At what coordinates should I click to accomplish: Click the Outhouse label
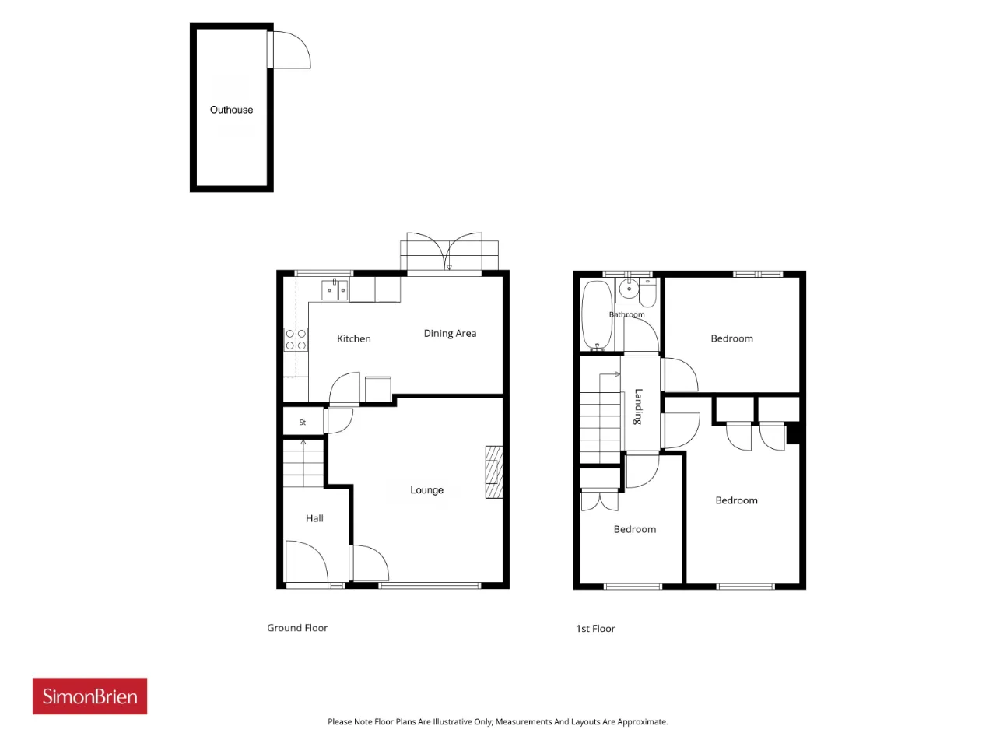[x=231, y=110]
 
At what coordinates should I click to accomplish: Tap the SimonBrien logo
[x=89, y=696]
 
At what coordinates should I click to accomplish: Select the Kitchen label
[x=353, y=338]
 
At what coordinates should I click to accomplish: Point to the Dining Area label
[x=450, y=333]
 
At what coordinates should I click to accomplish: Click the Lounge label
[x=426, y=490]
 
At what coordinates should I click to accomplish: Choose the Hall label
[x=314, y=518]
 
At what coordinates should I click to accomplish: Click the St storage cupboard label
[x=303, y=423]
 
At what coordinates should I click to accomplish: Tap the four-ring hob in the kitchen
[x=296, y=340]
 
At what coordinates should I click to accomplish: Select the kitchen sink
[x=335, y=289]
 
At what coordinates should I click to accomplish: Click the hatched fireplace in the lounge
[x=494, y=472]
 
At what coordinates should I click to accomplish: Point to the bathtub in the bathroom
[x=597, y=315]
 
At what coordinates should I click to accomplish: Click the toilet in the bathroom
[x=647, y=293]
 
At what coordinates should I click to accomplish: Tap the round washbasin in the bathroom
[x=629, y=289]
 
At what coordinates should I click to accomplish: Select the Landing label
[x=638, y=406]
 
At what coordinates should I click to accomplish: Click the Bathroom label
[x=626, y=315]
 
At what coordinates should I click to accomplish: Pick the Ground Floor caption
[x=297, y=628]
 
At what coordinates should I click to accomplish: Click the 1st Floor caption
[x=595, y=629]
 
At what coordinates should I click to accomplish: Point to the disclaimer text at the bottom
[x=498, y=721]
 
